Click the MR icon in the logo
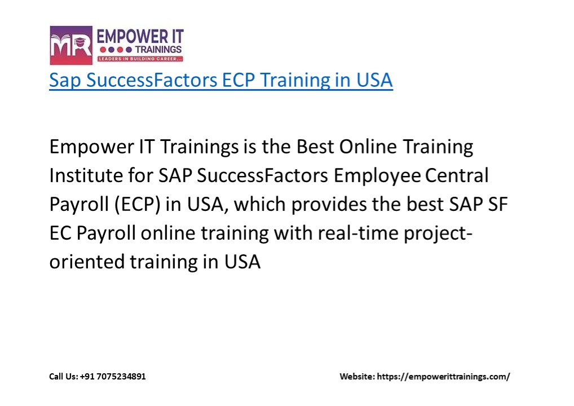[x=70, y=45]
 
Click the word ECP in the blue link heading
[x=236, y=80]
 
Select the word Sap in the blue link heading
[x=63, y=80]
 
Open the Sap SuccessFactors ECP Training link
[x=220, y=80]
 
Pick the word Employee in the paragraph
[x=377, y=176]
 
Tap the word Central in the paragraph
[x=456, y=176]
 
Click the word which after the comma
[x=259, y=205]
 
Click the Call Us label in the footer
[x=63, y=376]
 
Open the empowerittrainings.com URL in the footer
[x=443, y=376]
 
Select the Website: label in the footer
[x=356, y=376]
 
